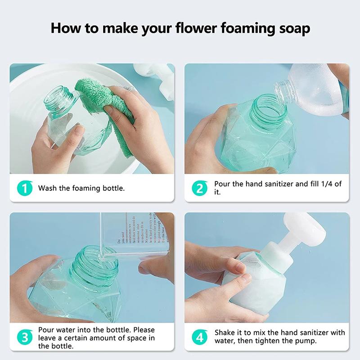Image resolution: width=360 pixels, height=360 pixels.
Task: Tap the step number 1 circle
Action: coord(25,188)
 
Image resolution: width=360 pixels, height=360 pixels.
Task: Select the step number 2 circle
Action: coord(200,188)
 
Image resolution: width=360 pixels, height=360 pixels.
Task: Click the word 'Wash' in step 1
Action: coord(47,188)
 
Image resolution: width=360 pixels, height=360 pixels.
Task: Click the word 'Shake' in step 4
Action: coord(225,333)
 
